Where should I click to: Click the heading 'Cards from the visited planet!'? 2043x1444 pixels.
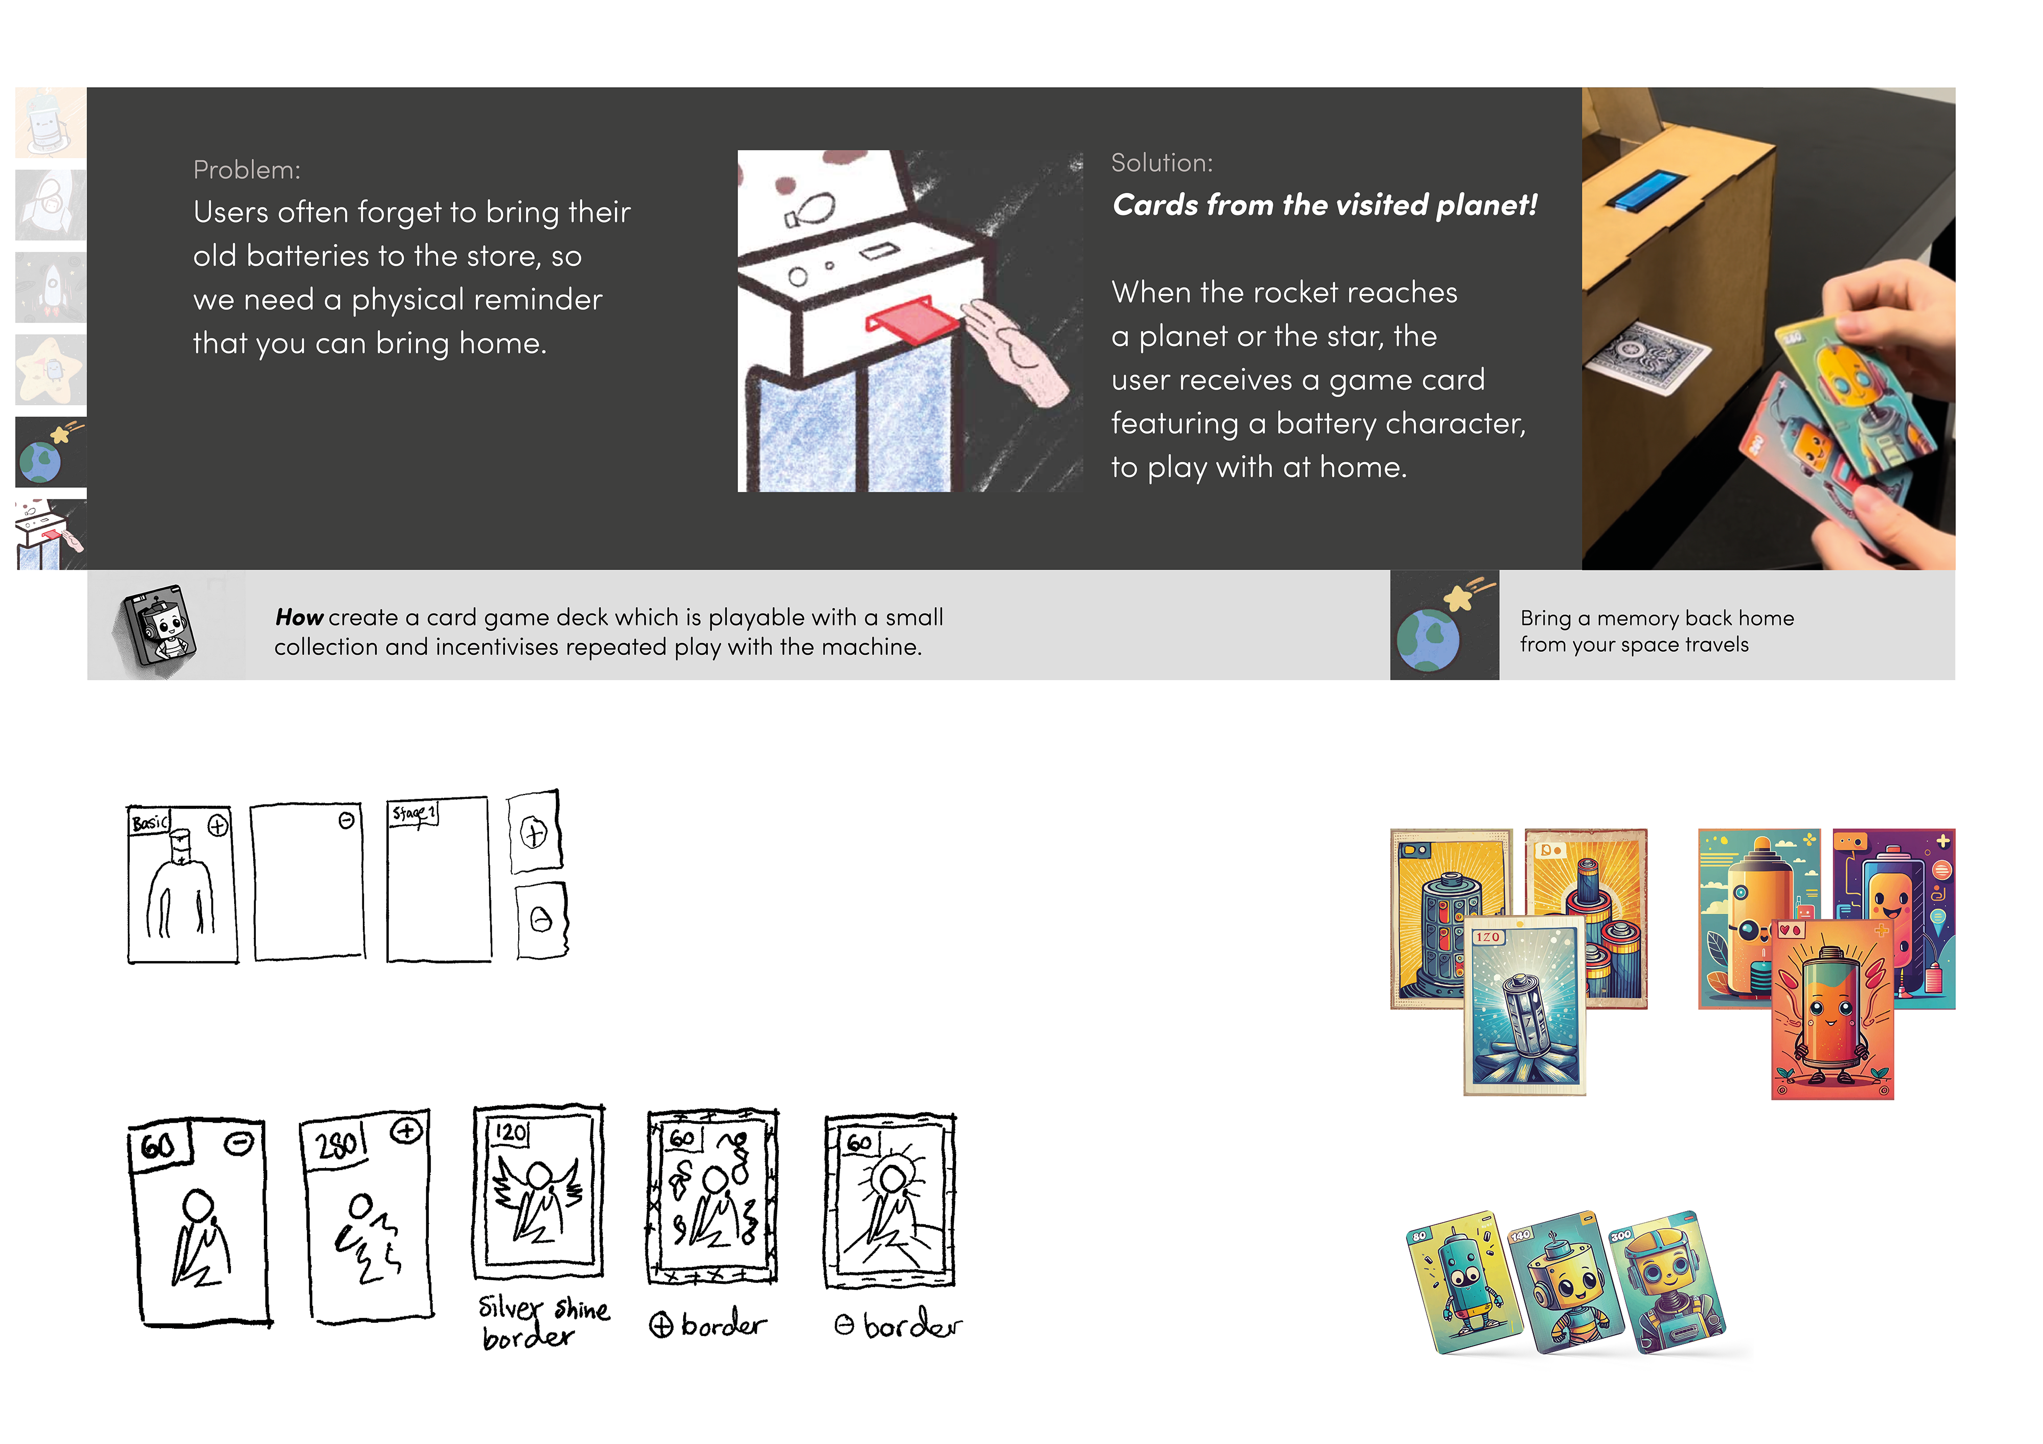pos(1324,205)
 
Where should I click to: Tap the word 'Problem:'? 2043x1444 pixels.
pos(246,170)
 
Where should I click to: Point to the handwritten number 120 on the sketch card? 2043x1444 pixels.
pos(511,1133)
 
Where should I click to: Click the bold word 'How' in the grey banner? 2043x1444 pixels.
pos(299,617)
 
